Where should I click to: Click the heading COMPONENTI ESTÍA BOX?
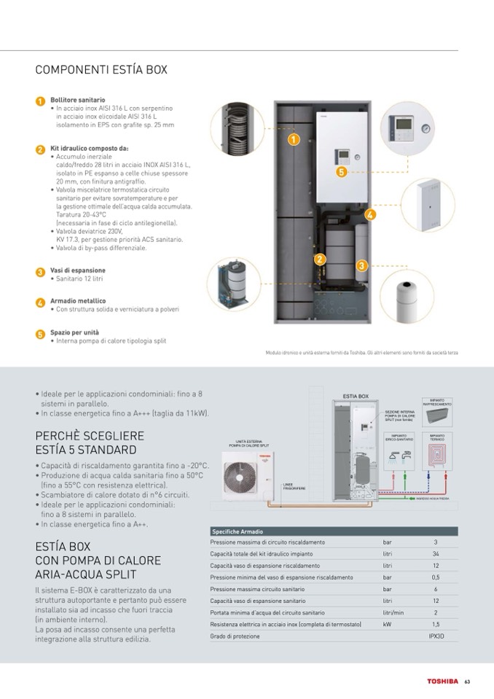[x=101, y=70]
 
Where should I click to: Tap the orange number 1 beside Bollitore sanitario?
[x=41, y=101]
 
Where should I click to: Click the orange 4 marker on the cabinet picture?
[x=369, y=214]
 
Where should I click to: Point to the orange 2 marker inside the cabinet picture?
[x=319, y=259]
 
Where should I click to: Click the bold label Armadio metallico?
[x=78, y=301]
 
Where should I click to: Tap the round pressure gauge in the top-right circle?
[x=425, y=128]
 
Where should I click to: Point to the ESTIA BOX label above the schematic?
[x=355, y=397]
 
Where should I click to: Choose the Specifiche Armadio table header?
[x=237, y=532]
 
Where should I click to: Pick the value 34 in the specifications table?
[x=435, y=554]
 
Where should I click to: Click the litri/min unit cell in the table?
[x=393, y=613]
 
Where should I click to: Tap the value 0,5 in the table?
[x=435, y=577]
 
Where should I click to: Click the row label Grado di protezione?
[x=235, y=636]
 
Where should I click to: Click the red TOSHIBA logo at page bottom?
[x=442, y=682]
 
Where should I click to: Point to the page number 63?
[x=466, y=682]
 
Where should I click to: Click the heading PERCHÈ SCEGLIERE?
[x=90, y=435]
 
